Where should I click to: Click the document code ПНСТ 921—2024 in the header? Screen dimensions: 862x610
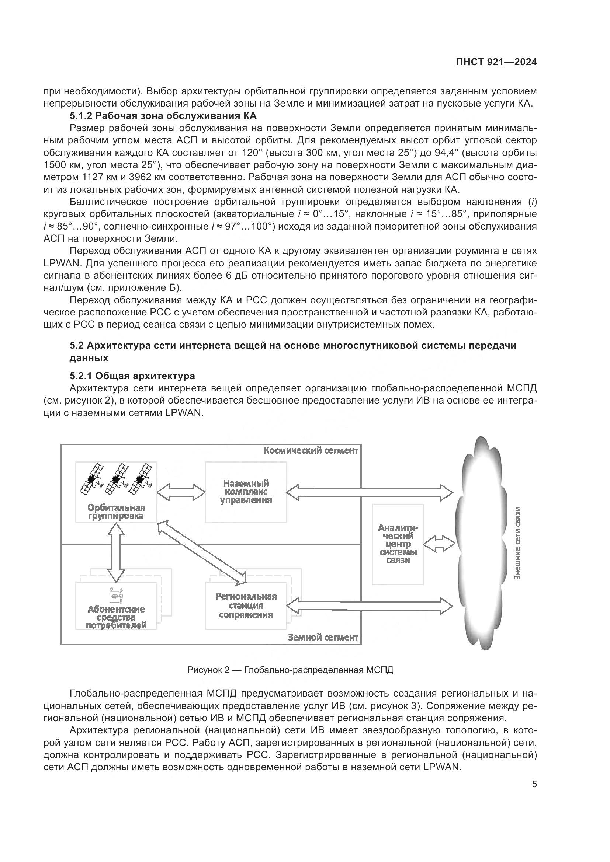(496, 62)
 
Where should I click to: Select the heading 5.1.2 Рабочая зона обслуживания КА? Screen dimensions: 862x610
(163, 116)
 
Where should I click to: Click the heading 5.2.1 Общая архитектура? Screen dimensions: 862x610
(132, 376)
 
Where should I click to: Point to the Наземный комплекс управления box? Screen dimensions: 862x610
(246, 492)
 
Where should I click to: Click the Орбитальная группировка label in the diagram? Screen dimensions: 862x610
(116, 512)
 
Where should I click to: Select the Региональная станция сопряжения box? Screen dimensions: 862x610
(246, 605)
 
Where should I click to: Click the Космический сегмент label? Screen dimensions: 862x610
(311, 450)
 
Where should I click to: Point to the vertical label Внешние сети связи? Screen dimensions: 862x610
(517, 543)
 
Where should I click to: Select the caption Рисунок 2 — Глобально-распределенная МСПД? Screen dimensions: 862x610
(290, 670)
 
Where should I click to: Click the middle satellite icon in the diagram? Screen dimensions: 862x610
(116, 479)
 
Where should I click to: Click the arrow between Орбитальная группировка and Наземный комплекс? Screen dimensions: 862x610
(181, 492)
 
